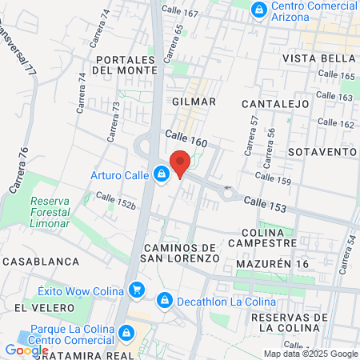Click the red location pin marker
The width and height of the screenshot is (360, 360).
[180, 162]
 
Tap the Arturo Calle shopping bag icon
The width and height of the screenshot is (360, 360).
[162, 173]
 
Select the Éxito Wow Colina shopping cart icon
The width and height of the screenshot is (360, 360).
[137, 290]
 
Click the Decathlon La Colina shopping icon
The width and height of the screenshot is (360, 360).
[164, 301]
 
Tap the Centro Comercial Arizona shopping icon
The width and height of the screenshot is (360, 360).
[258, 10]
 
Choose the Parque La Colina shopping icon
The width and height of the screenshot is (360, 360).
[126, 333]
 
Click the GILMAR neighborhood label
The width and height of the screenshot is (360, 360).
[194, 102]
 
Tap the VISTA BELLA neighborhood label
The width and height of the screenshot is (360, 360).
[318, 58]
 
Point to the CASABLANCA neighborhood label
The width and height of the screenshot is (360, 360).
[40, 262]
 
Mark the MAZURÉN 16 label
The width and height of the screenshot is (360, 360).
[272, 263]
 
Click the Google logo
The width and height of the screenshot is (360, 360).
[26, 350]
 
